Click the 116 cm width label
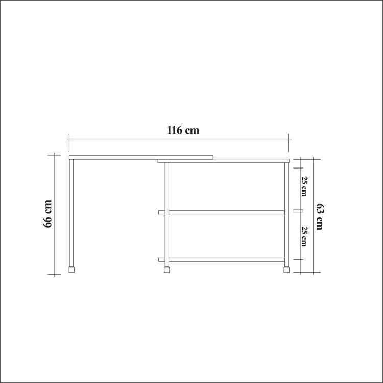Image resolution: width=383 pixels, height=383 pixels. coord(183,130)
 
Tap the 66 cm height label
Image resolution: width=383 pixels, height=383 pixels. coord(47,214)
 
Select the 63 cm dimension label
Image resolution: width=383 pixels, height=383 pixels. coord(320,217)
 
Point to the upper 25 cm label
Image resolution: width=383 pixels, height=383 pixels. coord(304,186)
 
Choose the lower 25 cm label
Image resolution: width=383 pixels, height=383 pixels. coord(304,236)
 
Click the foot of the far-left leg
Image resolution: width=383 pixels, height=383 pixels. coord(71,270)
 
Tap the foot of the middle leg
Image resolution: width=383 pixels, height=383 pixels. coord(167,270)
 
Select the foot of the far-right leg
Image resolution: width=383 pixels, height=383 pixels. coord(286,270)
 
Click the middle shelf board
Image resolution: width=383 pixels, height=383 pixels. coord(221,212)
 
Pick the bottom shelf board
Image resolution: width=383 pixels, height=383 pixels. coord(221,260)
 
